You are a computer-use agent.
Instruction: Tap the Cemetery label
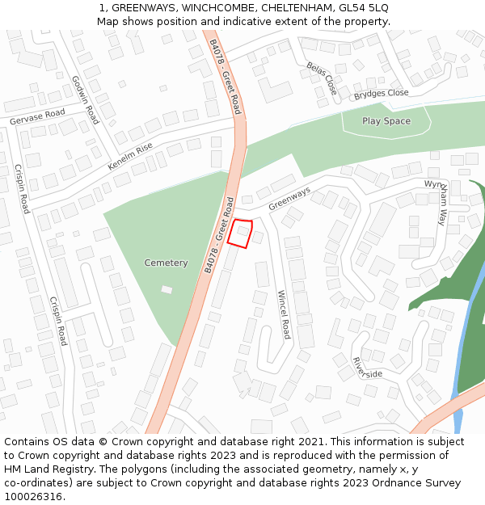click(166, 263)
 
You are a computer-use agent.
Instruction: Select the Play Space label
click(386, 121)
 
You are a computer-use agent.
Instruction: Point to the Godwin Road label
click(85, 99)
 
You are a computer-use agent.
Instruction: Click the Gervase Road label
click(37, 116)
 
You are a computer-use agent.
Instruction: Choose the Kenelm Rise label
click(130, 158)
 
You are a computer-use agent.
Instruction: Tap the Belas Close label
click(321, 77)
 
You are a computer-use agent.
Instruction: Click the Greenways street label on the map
click(289, 198)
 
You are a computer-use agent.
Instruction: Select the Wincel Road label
click(283, 314)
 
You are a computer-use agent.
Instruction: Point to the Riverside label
click(367, 368)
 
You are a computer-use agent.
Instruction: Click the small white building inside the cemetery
click(167, 289)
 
